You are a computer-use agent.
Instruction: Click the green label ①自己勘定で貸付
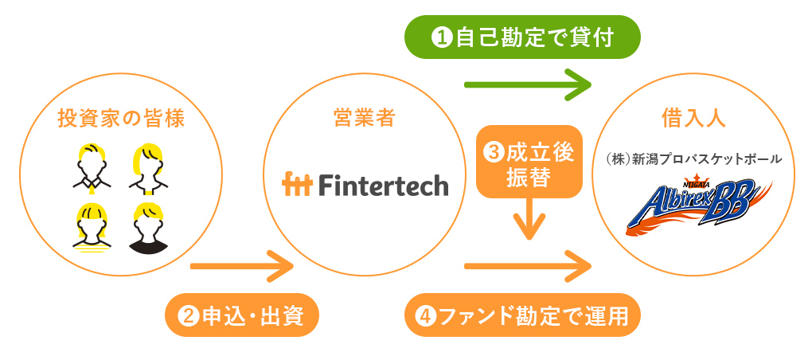(522, 37)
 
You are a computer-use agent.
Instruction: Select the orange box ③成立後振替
(529, 163)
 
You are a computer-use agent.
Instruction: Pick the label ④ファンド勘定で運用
(522, 316)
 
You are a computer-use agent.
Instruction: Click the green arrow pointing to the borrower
(528, 84)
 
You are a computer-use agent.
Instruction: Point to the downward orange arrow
(529, 219)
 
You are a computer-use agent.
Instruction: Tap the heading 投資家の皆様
(122, 119)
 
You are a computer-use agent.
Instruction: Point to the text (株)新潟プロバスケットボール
(692, 159)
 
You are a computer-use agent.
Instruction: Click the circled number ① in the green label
(441, 37)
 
